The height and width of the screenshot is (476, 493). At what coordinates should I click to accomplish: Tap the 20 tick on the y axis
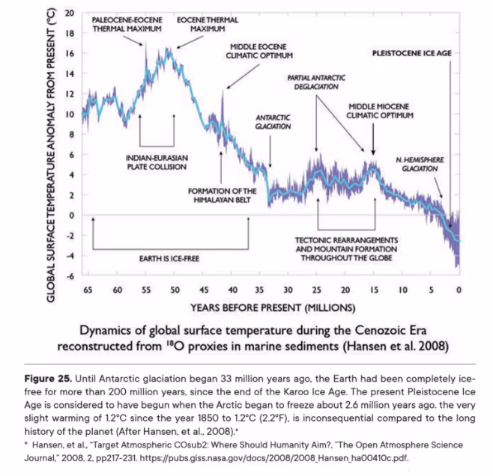coord(69,14)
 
